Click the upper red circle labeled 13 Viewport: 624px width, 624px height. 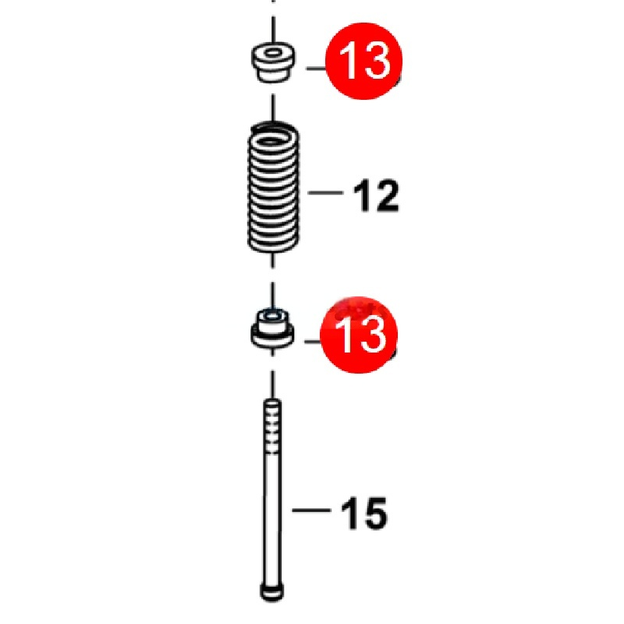(363, 61)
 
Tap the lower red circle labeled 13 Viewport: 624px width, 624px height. (359, 335)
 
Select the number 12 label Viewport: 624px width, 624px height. (376, 196)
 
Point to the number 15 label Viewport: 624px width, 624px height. (364, 513)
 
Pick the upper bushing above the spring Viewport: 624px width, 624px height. (274, 62)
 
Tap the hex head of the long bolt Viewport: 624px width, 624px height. (272, 592)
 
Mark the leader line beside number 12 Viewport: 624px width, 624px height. (325, 193)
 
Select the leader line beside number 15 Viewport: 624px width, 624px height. (311, 510)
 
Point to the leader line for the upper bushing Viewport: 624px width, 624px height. (316, 68)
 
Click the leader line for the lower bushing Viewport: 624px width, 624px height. (313, 342)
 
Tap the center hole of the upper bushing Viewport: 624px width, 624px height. (272, 53)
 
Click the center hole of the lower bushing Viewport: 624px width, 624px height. (272, 317)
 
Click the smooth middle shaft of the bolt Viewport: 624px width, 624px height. (272, 517)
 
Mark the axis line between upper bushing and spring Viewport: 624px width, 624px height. (273, 108)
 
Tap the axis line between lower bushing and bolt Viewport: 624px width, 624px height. (272, 385)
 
